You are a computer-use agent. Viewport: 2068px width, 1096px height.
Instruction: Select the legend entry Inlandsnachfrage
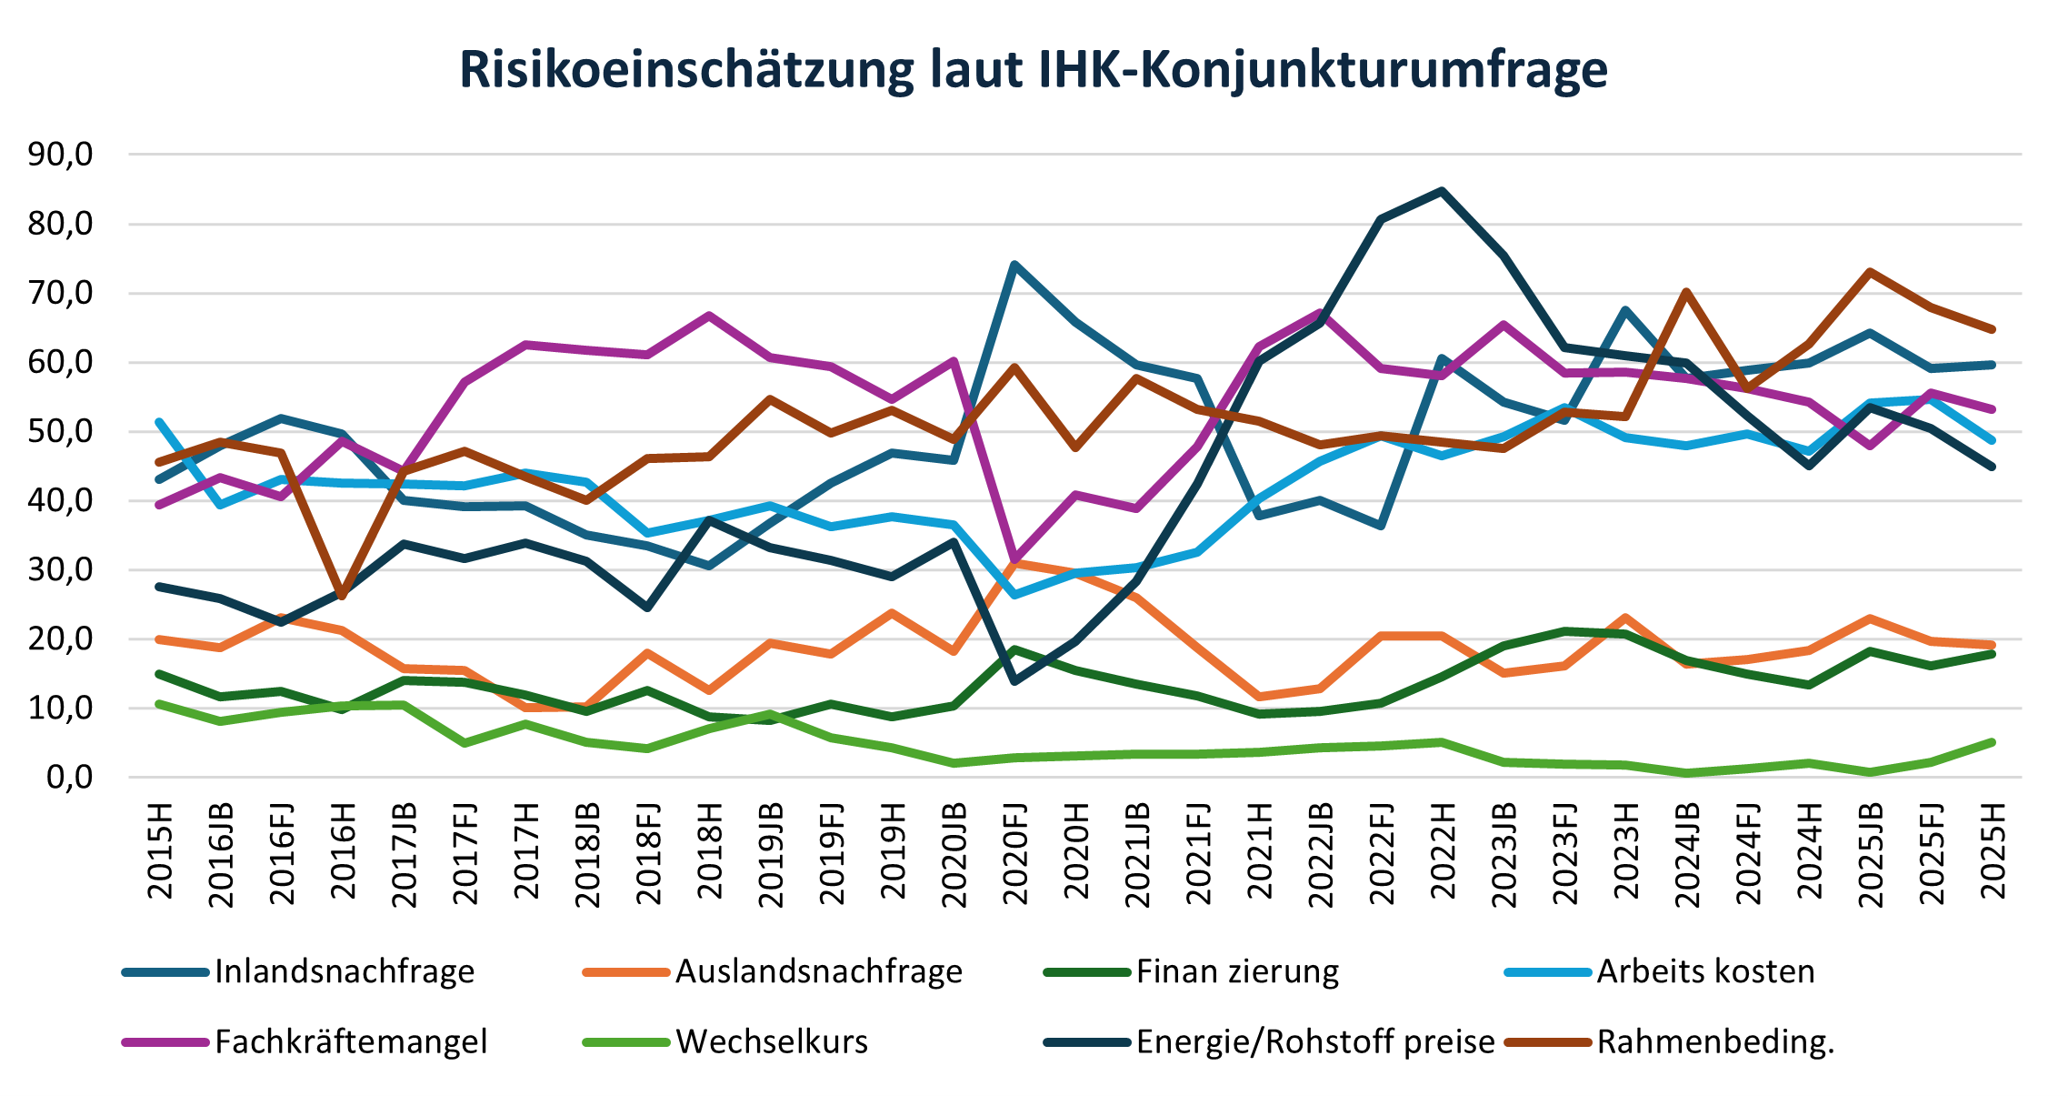pos(345,971)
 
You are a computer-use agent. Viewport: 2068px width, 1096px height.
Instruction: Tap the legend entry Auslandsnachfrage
pos(818,971)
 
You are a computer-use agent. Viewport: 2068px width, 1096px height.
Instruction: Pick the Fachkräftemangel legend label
pos(351,1041)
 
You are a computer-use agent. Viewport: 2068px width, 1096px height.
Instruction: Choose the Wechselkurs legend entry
pos(772,1041)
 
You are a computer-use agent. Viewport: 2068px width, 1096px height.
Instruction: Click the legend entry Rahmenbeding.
pos(1715,1041)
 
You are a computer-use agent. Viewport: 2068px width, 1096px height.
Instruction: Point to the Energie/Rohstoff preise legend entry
pos(1314,1041)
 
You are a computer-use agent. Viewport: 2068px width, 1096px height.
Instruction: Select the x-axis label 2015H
pos(161,850)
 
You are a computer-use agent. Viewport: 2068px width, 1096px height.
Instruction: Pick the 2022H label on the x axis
pos(1442,850)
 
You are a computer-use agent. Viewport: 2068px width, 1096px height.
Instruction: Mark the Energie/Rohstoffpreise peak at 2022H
pos(1442,191)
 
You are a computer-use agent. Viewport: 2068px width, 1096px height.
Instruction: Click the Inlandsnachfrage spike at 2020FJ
pos(1014,265)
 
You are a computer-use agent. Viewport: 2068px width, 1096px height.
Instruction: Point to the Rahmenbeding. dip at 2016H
pos(343,597)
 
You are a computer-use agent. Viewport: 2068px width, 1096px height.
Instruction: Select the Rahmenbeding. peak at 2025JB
pos(1870,271)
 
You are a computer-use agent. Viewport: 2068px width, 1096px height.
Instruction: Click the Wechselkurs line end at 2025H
pos(1992,743)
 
